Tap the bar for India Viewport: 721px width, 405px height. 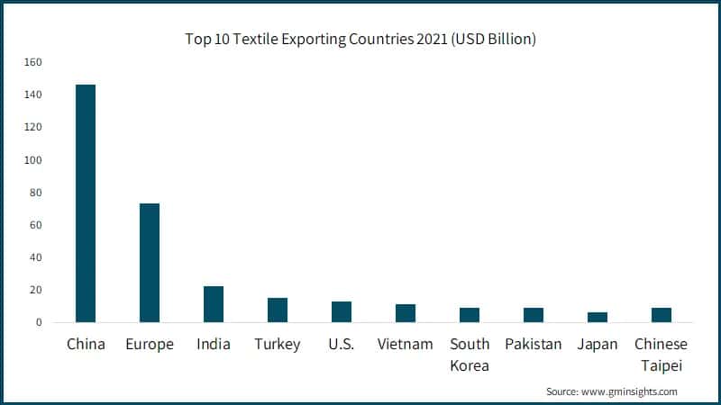[214, 304]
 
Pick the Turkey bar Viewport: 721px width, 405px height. [278, 310]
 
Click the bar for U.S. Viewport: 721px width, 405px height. [342, 311]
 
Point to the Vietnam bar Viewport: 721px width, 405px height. [406, 313]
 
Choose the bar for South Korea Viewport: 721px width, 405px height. [470, 315]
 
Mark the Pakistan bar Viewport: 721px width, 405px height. [534, 315]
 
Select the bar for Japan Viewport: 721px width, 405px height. [598, 317]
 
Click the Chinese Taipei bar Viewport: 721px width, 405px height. [662, 315]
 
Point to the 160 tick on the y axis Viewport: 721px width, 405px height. [33, 62]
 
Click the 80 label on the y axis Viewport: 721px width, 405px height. [36, 193]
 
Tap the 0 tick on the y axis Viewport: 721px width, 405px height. [39, 322]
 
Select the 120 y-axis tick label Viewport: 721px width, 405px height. [33, 127]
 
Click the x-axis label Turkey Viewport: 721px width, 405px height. [278, 345]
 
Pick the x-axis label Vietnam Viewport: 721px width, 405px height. [406, 345]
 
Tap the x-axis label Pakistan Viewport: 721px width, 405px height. [534, 345]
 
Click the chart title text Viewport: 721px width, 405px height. [361, 39]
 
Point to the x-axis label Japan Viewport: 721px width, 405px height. [598, 345]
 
